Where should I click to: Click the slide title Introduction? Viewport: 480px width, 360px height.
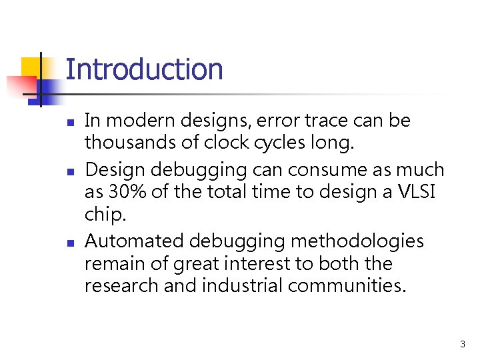144,69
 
